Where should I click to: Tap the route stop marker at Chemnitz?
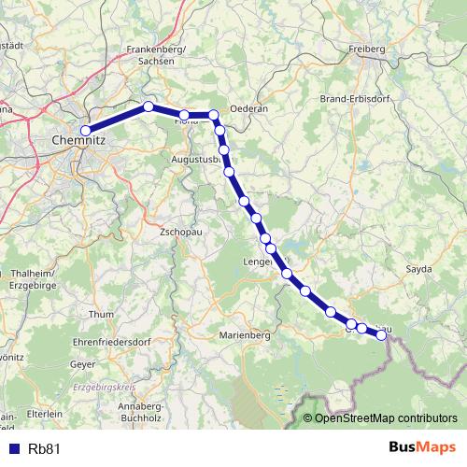pos(86,131)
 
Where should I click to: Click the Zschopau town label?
pos(180,231)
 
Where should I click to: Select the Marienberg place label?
pos(244,333)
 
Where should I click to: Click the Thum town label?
pos(100,315)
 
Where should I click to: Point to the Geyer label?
pos(83,364)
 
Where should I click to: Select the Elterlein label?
pos(44,412)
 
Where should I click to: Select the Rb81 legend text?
pos(45,448)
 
